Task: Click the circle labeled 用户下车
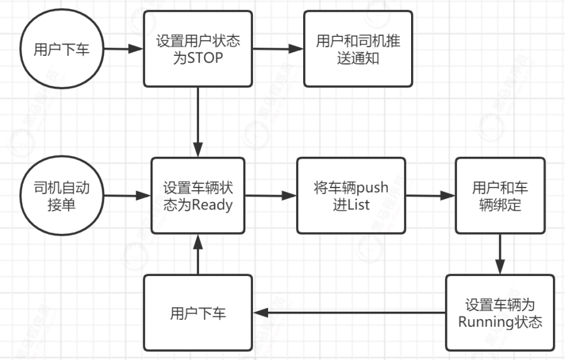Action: (x=60, y=49)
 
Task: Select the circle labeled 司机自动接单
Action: (x=60, y=196)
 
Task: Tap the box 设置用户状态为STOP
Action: (x=198, y=49)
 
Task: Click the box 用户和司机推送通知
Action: (x=358, y=49)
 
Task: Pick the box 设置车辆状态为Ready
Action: (x=198, y=196)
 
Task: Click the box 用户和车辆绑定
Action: (x=500, y=196)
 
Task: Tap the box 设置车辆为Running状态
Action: (x=500, y=313)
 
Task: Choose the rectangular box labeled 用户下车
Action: (x=198, y=313)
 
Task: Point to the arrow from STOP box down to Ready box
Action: (x=198, y=122)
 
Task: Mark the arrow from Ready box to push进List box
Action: (x=270, y=196)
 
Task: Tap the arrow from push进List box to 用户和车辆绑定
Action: (x=431, y=196)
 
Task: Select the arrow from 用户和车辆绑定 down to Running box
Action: (x=500, y=254)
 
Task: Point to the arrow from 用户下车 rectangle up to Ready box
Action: (x=198, y=254)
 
